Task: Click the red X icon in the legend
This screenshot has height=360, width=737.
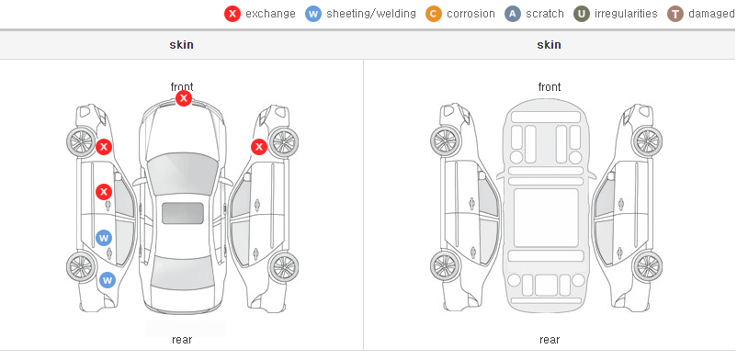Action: pos(232,14)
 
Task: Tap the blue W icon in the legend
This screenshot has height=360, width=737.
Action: pos(313,14)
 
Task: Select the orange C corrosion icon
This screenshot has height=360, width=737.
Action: pos(434,14)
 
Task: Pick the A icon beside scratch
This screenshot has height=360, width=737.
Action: pos(513,14)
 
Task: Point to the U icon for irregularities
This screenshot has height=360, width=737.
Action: pos(582,14)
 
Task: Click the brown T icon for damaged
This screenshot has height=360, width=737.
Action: pos(675,14)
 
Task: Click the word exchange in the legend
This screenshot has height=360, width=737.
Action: pos(270,14)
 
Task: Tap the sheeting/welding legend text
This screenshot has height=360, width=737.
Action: pos(371,14)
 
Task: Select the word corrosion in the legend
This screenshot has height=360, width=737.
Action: pos(471,14)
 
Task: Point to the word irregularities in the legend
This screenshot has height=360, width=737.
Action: pos(626,14)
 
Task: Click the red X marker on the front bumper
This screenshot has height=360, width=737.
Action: pos(184,98)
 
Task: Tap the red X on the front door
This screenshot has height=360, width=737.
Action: pos(104,192)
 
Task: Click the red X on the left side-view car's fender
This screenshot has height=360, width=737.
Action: pos(104,147)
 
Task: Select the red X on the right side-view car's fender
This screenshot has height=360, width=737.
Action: pos(259,147)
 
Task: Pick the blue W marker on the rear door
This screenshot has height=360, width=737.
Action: pos(104,238)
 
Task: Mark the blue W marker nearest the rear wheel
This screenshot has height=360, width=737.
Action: pos(108,281)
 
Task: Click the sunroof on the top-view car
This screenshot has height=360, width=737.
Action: pos(183,213)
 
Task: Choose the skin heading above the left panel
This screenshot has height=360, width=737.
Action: pos(181,45)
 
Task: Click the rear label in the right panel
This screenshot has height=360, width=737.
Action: pos(550,340)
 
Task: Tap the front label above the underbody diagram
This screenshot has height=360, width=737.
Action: pos(550,87)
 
